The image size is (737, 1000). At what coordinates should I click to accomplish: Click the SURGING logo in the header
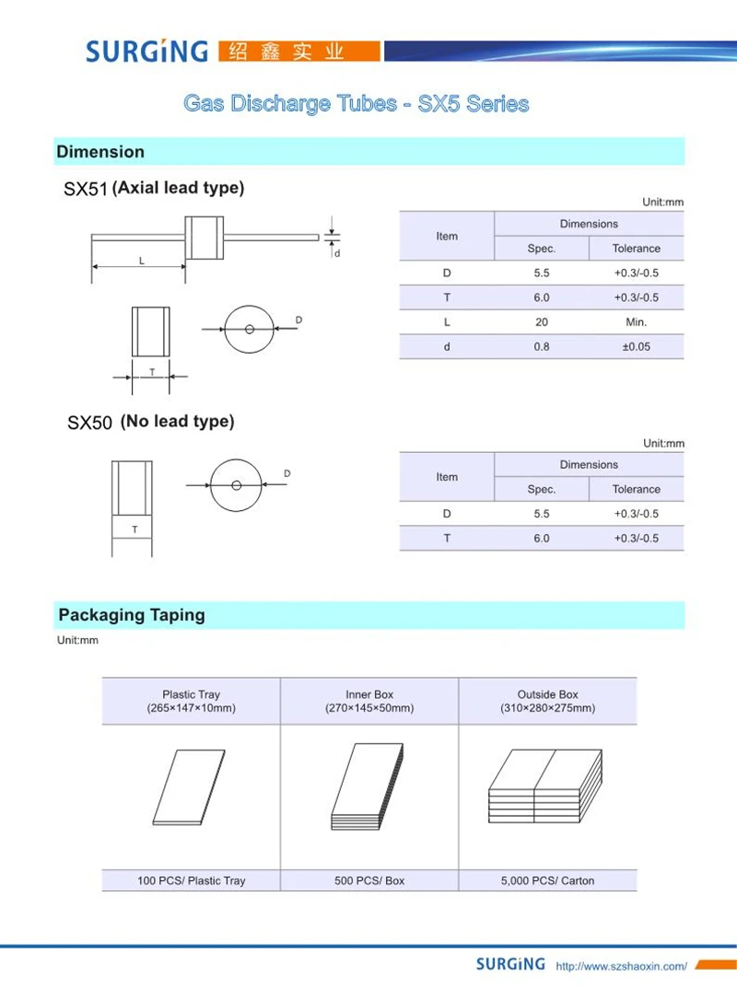pos(147,51)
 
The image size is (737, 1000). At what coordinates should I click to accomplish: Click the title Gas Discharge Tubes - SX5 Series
pos(357,103)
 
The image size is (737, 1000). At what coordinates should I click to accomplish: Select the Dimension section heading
pos(100,152)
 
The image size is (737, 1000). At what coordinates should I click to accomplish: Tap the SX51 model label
pos(86,190)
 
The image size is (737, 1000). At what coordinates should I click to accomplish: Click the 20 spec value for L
pos(541,322)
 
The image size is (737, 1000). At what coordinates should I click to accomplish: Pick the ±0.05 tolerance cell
pos(636,347)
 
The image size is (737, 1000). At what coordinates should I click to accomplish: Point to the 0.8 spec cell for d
pos(541,347)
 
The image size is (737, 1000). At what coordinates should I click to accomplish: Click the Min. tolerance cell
pos(636,322)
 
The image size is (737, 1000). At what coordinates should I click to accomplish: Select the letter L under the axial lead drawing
pos(141,261)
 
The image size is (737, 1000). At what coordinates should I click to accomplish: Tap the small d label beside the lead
pos(337,252)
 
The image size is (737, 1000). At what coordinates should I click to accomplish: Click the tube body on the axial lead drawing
pos(205,238)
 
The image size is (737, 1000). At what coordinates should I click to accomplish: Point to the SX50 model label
pos(89,424)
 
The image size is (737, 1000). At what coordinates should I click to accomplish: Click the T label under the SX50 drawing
pos(135,529)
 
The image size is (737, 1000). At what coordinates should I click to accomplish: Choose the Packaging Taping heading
pos(132,615)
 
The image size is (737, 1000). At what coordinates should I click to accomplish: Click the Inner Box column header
pos(369,701)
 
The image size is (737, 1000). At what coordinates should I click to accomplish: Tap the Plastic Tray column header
pos(191,701)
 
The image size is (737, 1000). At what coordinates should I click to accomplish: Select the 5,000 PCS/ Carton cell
pos(547,880)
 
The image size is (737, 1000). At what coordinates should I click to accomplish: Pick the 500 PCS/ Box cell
pos(369,880)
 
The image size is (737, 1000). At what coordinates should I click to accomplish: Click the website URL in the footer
pos(622,966)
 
